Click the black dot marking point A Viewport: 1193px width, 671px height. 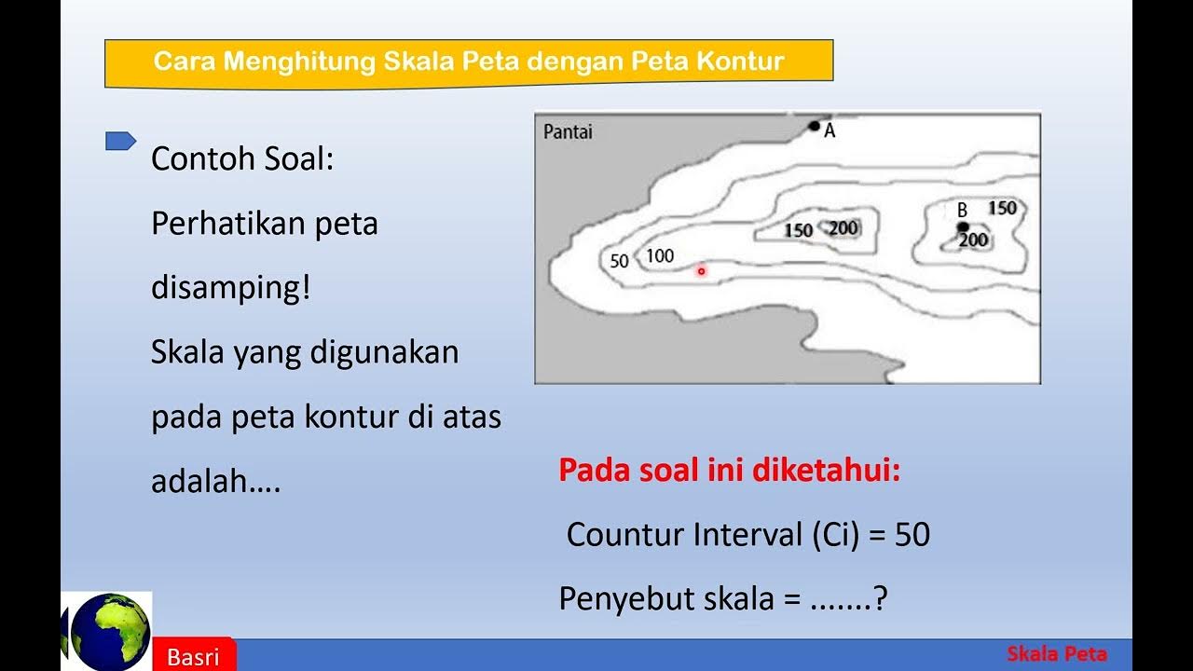814,126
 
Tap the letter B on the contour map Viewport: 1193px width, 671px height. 963,209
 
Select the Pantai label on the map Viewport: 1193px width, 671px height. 568,132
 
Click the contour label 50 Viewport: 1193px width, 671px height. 619,262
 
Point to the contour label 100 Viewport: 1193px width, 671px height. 659,256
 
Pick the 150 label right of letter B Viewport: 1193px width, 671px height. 1002,208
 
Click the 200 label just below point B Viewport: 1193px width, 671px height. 973,240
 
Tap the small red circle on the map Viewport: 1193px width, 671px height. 702,271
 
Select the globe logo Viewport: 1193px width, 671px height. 110,631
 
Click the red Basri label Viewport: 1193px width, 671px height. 193,657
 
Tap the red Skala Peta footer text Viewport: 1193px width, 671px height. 1057,654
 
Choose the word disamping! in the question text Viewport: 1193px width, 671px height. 229,288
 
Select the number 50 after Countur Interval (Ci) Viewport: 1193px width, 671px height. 912,535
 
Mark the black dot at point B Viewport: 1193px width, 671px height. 963,226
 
